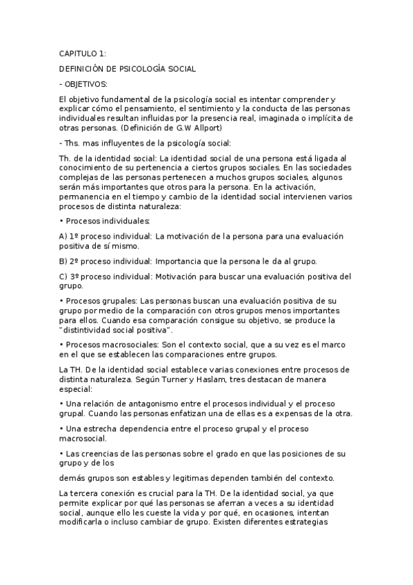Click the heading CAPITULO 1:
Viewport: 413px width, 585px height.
[x=83, y=54]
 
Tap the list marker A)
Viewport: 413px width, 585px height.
[x=64, y=236]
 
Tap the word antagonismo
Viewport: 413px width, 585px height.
[x=143, y=404]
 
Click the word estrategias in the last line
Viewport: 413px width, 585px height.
[x=329, y=523]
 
